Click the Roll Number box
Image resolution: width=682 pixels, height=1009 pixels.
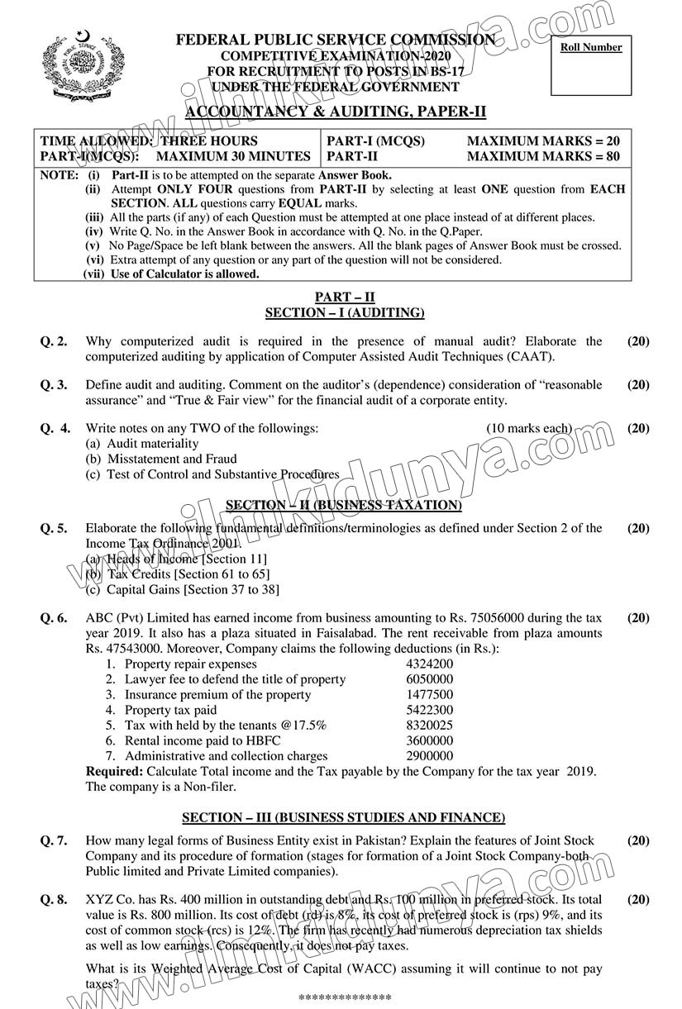pyautogui.click(x=590, y=65)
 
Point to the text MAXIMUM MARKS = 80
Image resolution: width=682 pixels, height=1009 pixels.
pyautogui.click(x=543, y=155)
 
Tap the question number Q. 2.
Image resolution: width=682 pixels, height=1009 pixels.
pyautogui.click(x=54, y=341)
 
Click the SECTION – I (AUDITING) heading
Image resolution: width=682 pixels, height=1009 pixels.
pyautogui.click(x=344, y=312)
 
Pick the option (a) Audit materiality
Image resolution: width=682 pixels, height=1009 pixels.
pyautogui.click(x=142, y=444)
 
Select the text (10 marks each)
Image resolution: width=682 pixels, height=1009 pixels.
pyautogui.click(x=529, y=428)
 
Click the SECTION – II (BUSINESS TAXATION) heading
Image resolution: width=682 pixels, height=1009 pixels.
pyautogui.click(x=344, y=505)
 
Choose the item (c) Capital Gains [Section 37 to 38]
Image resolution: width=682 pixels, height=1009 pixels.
pyautogui.click(x=183, y=589)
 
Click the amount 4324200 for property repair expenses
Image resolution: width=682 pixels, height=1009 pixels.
pyautogui.click(x=429, y=664)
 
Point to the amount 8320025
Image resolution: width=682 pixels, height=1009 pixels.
pyautogui.click(x=429, y=725)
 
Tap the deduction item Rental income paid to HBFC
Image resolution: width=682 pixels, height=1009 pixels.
pyautogui.click(x=202, y=740)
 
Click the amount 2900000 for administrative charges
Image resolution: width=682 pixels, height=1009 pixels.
pyautogui.click(x=429, y=756)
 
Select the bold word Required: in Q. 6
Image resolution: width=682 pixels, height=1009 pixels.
pyautogui.click(x=115, y=771)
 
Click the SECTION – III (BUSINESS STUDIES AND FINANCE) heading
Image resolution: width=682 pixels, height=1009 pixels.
pyautogui.click(x=343, y=817)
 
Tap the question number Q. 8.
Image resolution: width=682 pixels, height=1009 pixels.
pyautogui.click(x=54, y=899)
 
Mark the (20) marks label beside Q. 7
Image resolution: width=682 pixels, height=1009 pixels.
pyautogui.click(x=638, y=840)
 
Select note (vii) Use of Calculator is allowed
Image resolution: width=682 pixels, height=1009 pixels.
pyautogui.click(x=172, y=274)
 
